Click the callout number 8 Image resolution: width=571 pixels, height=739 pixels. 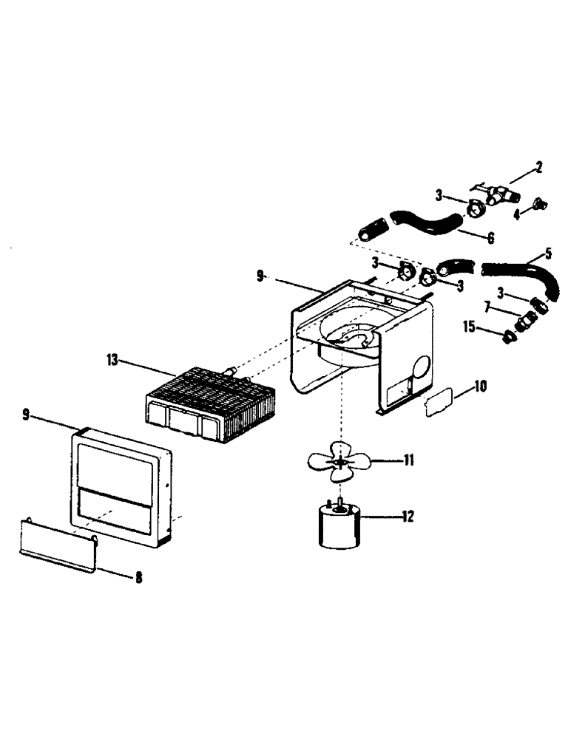point(138,579)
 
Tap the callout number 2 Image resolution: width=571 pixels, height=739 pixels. point(539,167)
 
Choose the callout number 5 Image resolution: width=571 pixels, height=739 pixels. point(547,254)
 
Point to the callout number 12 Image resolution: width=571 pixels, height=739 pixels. point(406,517)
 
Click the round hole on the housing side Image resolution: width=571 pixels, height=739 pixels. point(419,368)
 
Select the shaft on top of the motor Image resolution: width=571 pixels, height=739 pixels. point(339,504)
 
